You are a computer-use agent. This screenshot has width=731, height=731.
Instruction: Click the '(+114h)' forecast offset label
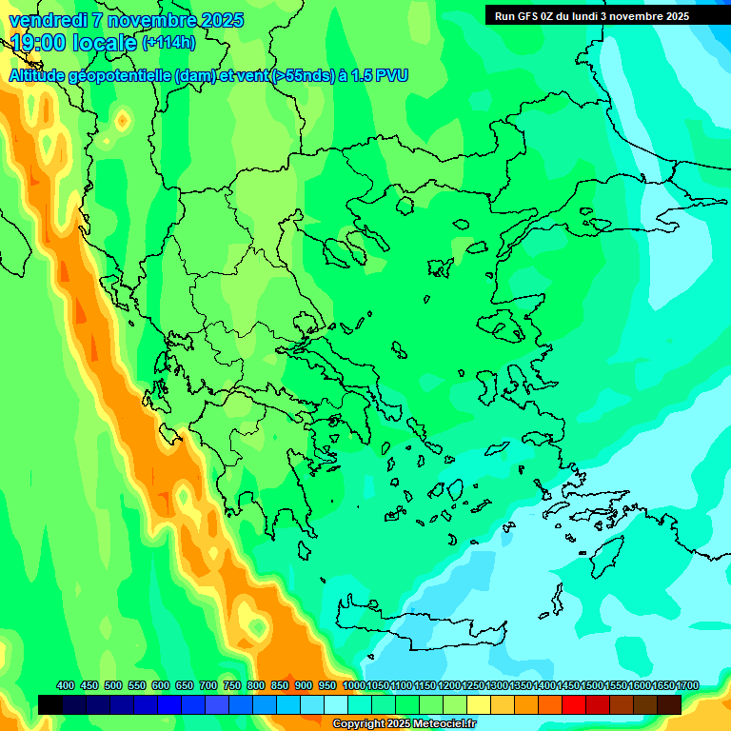point(168,43)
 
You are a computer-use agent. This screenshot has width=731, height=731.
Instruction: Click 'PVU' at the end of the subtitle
point(393,76)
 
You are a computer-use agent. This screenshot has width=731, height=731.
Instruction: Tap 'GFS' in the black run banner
point(529,16)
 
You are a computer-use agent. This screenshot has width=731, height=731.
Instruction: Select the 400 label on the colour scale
point(66,685)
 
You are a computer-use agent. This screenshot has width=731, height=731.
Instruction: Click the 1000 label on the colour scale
point(354,685)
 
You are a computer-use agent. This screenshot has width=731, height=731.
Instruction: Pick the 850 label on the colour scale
point(280,685)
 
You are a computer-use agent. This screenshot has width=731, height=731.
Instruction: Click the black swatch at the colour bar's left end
point(50,704)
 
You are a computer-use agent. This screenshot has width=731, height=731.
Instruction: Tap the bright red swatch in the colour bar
point(574,704)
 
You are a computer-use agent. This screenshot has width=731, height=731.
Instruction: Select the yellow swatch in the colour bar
point(479,704)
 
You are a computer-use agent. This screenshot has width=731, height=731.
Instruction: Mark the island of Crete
point(419,618)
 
